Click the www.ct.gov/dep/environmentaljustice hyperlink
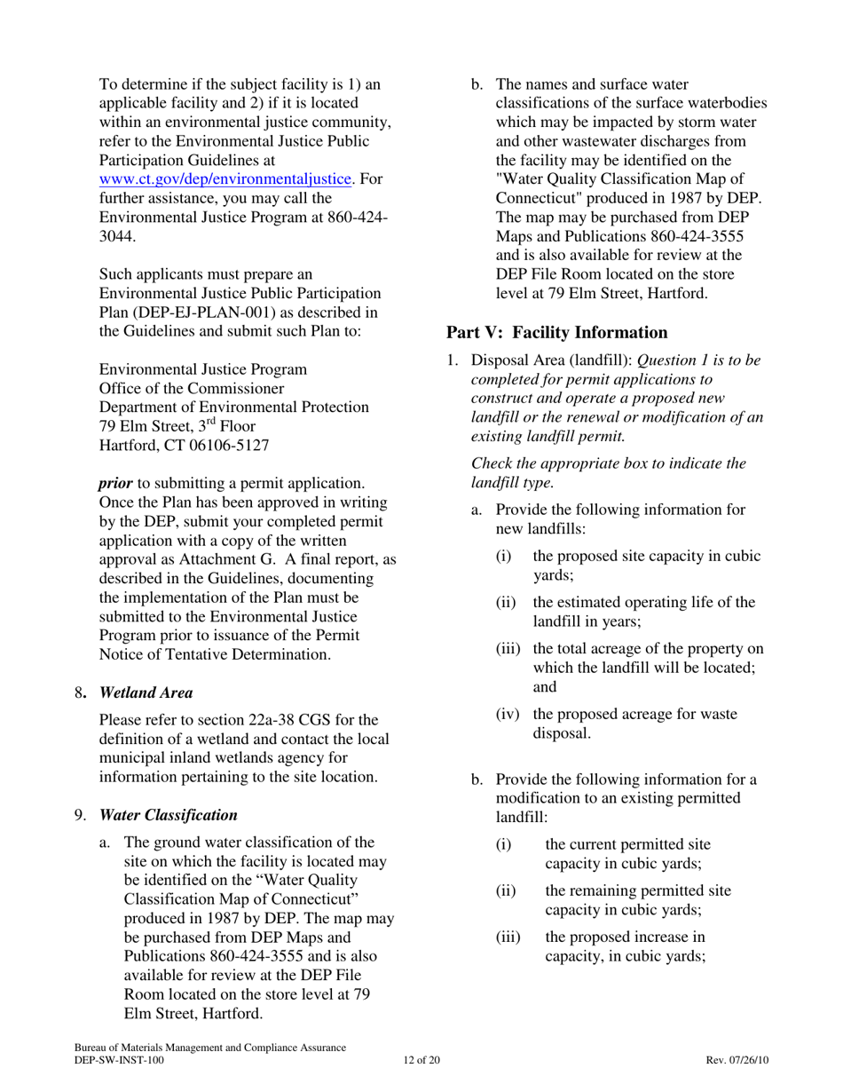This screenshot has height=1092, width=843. coord(226,179)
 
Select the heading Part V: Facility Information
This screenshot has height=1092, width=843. coord(556,332)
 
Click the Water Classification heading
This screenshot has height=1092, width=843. coord(168,814)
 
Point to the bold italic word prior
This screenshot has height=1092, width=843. coord(115,483)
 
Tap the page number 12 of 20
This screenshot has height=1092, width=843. coord(421,1060)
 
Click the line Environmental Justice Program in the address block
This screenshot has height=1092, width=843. coord(203,368)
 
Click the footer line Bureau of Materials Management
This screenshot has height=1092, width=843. coord(210,1048)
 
